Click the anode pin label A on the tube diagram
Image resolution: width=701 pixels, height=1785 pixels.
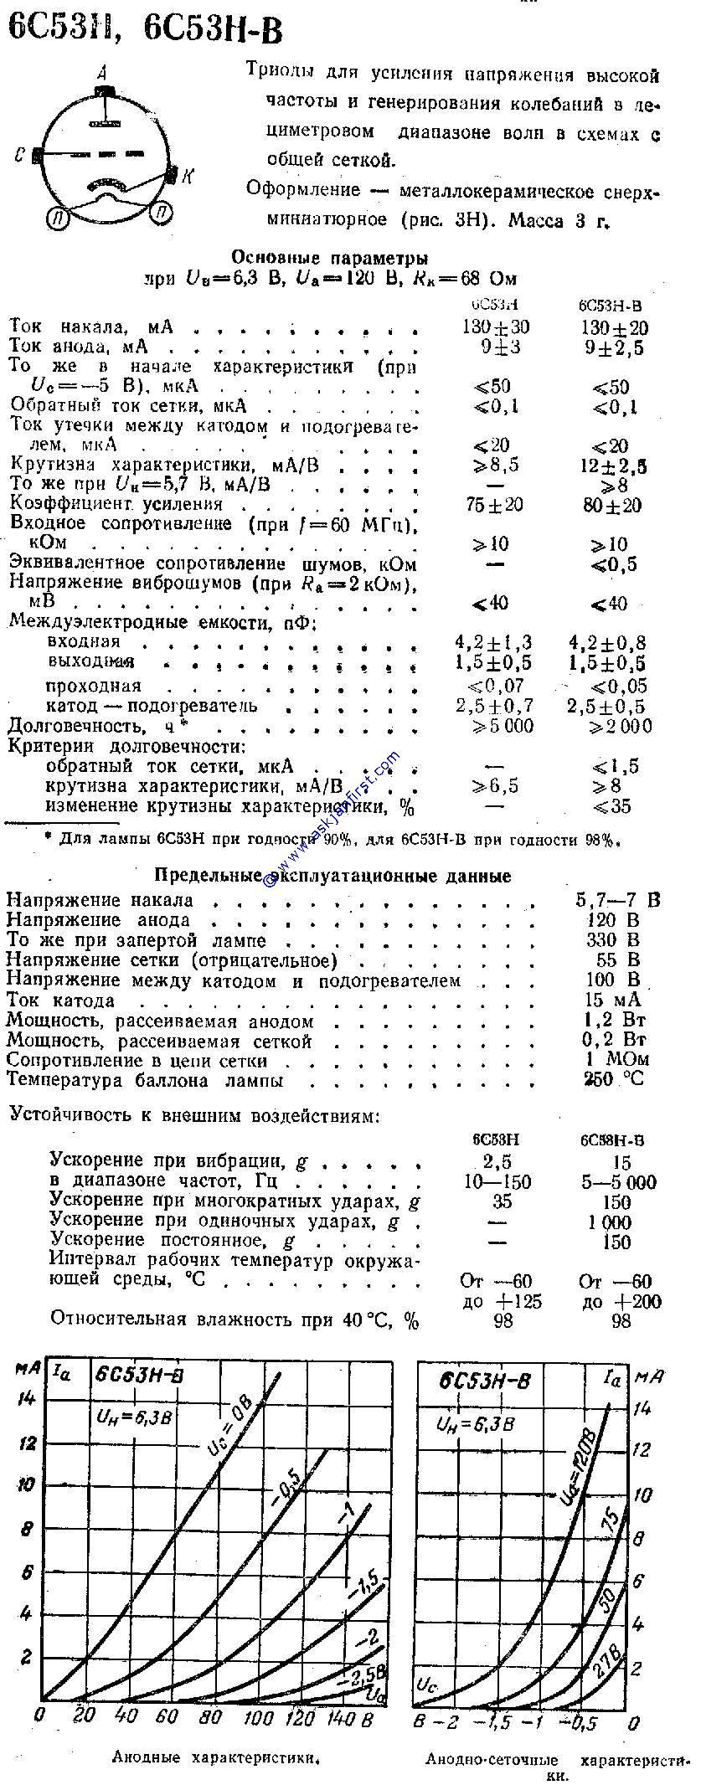[x=101, y=73]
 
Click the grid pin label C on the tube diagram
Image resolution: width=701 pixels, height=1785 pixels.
[x=18, y=156]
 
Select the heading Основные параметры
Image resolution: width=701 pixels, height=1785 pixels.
[x=329, y=258]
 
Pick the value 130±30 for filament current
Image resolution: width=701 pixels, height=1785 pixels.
[x=496, y=327]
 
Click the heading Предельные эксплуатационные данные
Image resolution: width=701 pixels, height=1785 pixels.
[x=332, y=876]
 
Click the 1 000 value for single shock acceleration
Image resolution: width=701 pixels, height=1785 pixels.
[x=610, y=1222]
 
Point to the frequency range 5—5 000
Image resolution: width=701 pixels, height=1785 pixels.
[x=617, y=1182]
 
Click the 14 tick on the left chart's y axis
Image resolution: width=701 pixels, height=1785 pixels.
[x=28, y=1398]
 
